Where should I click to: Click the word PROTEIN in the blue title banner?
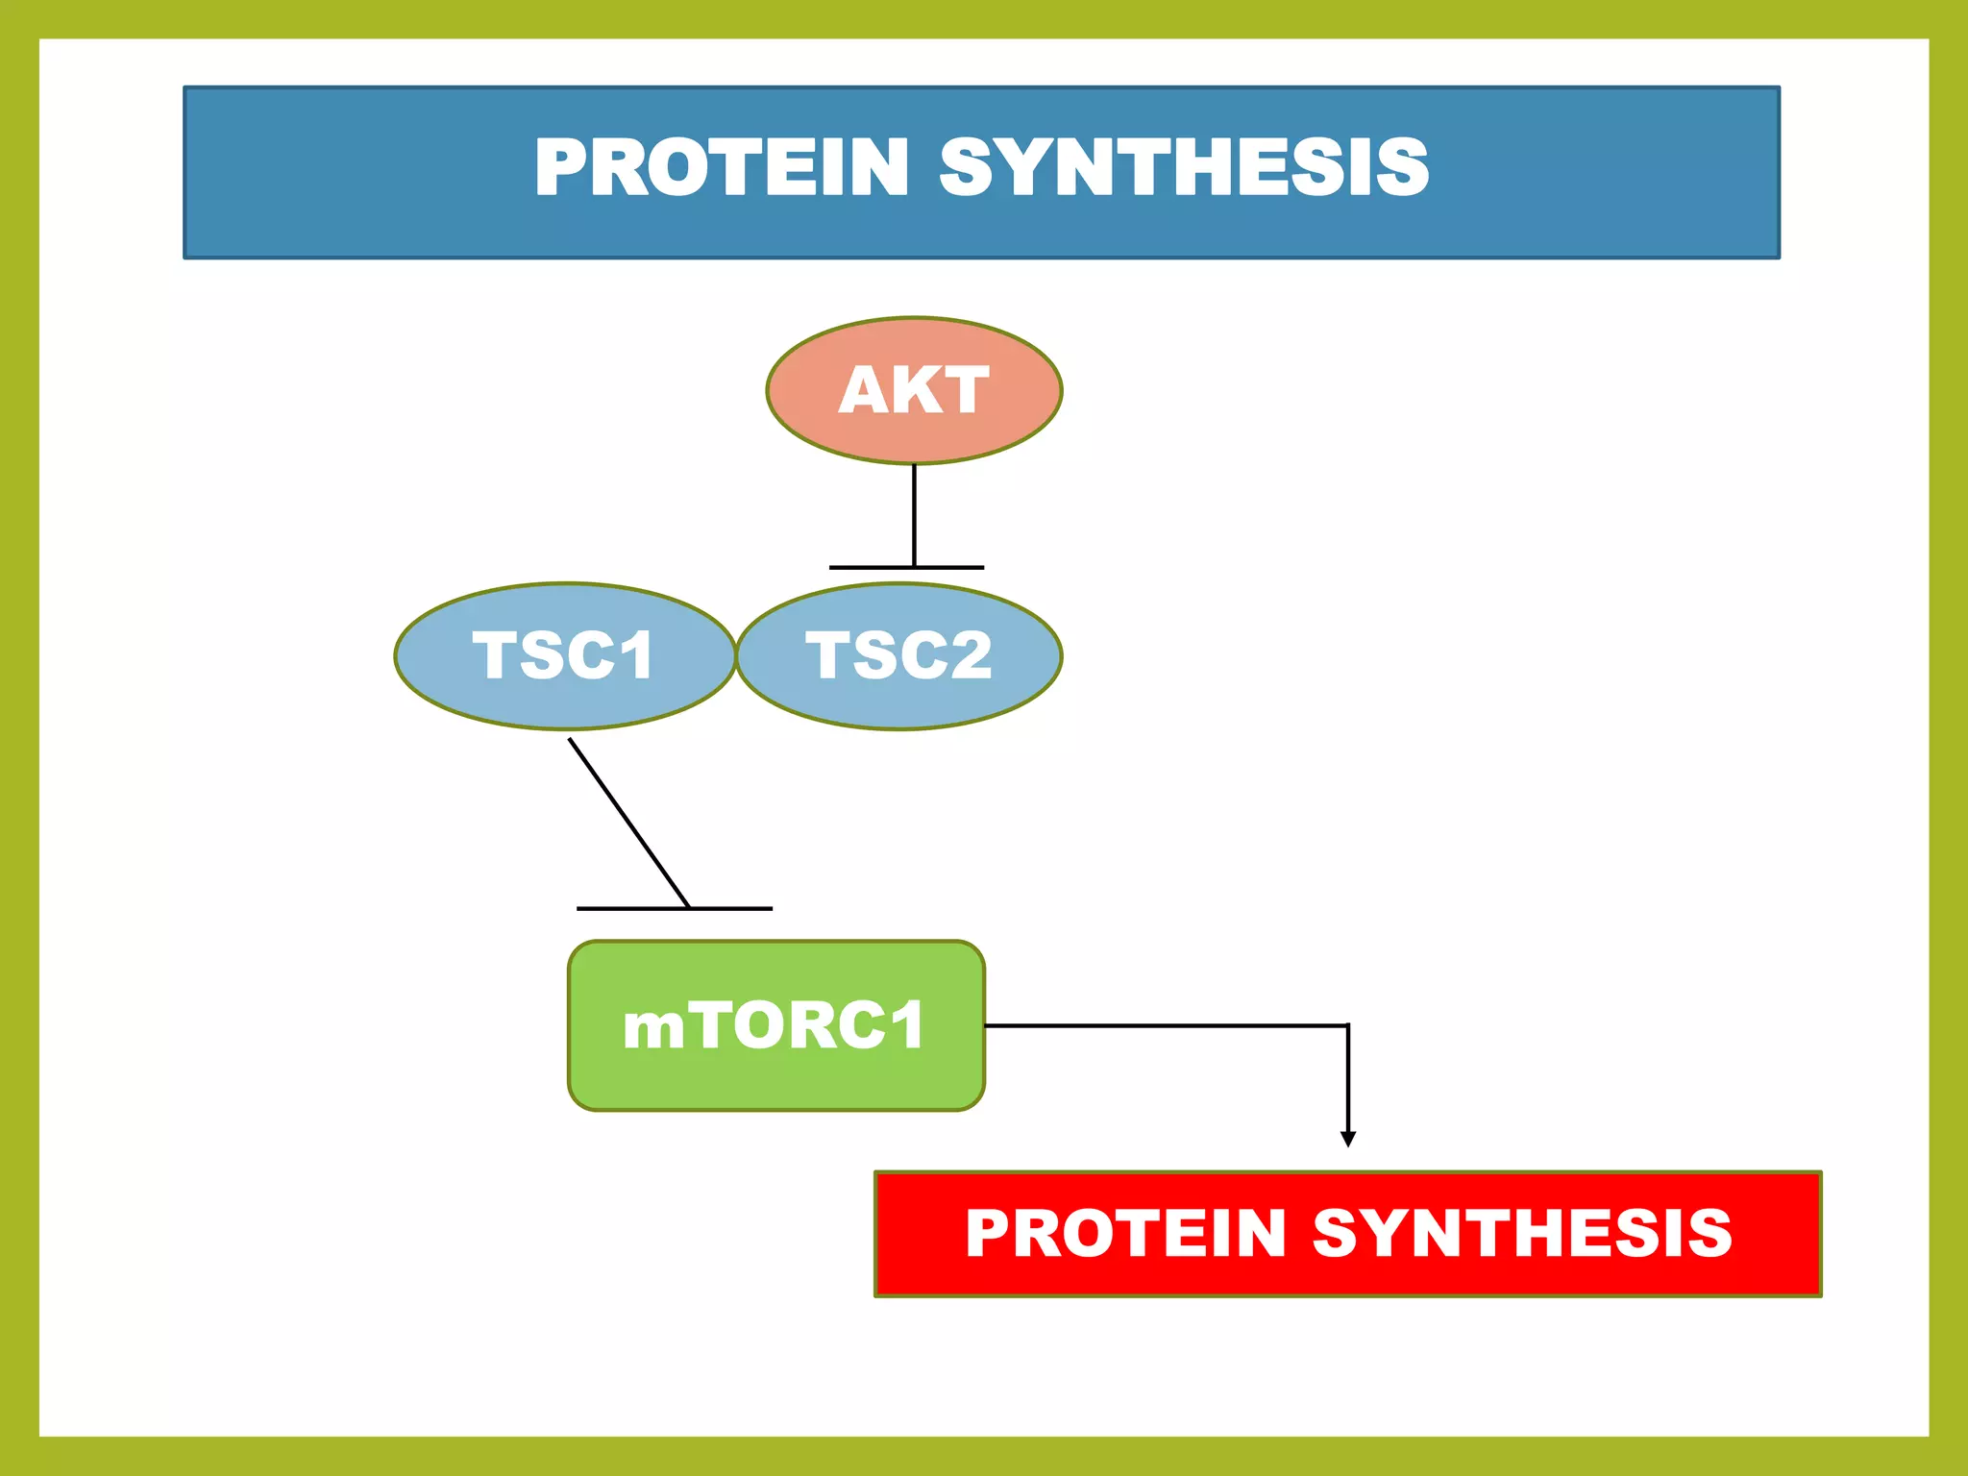721,167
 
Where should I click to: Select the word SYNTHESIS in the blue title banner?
1184,167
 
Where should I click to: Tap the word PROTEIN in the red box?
1125,1233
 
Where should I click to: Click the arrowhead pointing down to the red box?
1348,1139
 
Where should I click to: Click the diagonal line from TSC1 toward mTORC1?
628,823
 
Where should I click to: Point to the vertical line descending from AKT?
914,514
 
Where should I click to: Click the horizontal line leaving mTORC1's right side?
1163,1025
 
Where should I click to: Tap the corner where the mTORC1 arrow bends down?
1348,1025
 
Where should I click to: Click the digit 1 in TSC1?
634,655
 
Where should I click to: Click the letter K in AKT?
913,390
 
